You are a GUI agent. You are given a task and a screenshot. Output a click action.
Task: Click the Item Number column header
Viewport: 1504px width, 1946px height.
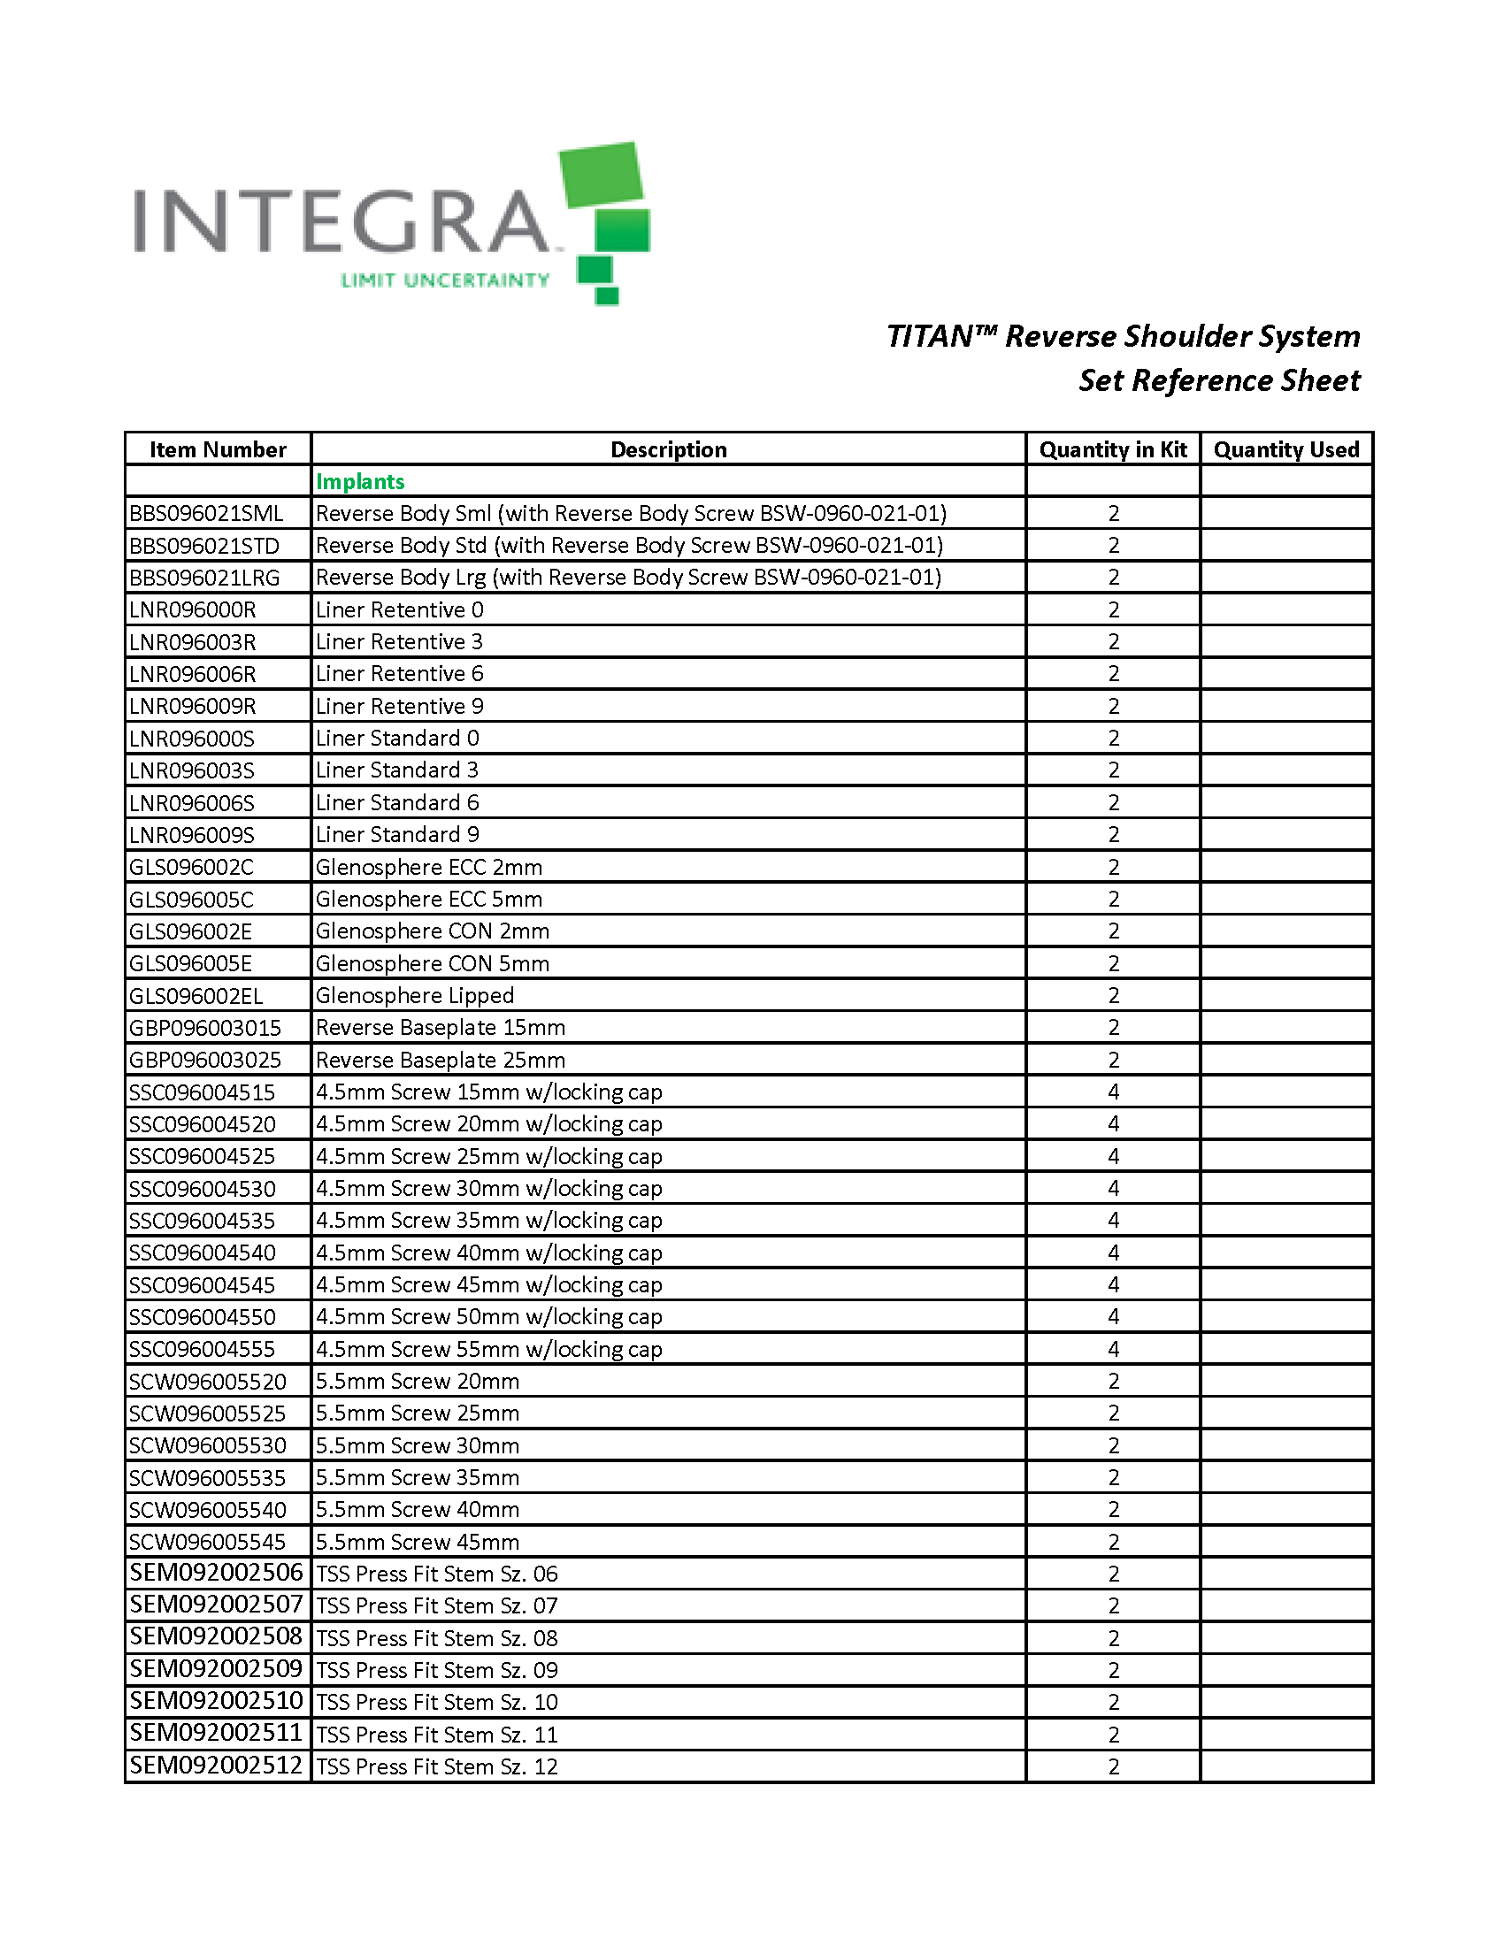(x=218, y=449)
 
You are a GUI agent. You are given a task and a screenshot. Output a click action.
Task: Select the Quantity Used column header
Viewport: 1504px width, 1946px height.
(x=1285, y=449)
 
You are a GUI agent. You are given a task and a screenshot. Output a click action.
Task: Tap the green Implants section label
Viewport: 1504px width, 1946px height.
(x=360, y=481)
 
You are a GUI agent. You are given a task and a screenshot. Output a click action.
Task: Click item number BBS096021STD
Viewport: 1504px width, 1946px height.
(x=204, y=545)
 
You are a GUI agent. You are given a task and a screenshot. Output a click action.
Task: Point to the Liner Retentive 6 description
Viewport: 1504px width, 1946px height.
(x=399, y=674)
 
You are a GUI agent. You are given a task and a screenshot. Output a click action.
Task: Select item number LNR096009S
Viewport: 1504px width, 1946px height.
(x=192, y=835)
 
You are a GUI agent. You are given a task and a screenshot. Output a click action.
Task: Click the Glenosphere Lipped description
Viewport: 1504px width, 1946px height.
(x=414, y=995)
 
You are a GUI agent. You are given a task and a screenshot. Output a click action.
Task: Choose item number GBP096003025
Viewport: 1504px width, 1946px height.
(x=205, y=1060)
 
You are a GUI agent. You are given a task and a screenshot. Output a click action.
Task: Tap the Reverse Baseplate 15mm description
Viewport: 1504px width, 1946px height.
(x=441, y=1027)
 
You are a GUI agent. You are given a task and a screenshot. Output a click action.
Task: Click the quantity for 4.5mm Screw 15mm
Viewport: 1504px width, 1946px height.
(x=1113, y=1092)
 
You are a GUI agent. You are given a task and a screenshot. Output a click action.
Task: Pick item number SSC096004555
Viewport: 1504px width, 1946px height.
(x=203, y=1349)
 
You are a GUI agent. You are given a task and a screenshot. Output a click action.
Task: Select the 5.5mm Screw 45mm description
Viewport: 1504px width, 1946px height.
(x=417, y=1542)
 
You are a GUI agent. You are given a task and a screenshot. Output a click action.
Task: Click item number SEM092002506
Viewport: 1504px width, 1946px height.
(x=217, y=1573)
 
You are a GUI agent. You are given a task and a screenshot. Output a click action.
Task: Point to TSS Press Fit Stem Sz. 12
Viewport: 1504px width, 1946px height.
(x=436, y=1766)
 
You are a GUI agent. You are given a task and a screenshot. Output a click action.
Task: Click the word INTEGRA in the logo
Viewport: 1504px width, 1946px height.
(x=342, y=220)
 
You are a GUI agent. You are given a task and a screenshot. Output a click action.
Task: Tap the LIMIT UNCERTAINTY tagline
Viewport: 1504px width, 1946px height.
(x=445, y=280)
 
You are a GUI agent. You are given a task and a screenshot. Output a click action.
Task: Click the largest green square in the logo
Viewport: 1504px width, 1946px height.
(x=601, y=173)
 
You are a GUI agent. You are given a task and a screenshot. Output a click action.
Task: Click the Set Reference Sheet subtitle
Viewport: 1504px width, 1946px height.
(x=1219, y=380)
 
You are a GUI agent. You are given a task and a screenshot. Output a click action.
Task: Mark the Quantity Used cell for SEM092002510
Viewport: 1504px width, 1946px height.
(x=1285, y=1702)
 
